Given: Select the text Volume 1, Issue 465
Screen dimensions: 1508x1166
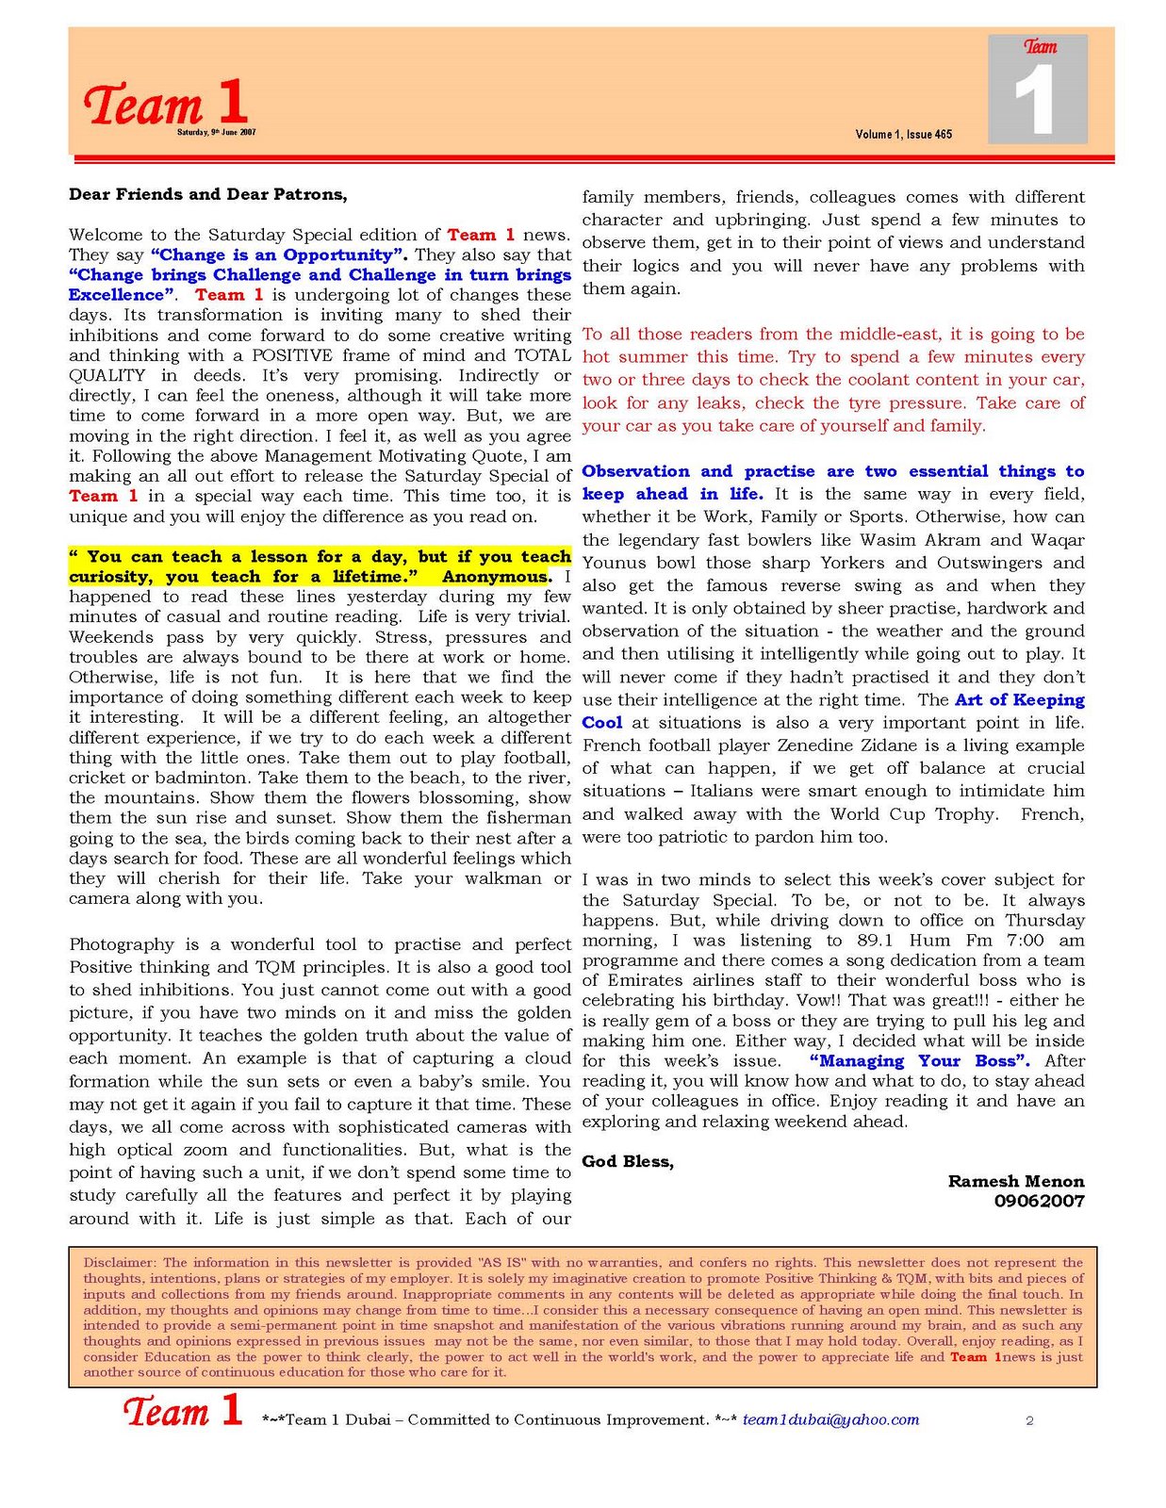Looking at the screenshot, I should pos(903,135).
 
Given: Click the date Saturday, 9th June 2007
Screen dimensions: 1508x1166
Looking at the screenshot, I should pos(217,133).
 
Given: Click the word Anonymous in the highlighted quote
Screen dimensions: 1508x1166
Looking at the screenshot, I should pos(496,577).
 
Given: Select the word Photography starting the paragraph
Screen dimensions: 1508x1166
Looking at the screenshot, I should pos(121,944).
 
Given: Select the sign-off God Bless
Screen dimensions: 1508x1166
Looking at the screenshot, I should pos(627,1162).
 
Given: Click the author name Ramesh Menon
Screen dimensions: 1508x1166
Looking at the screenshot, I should pos(1015,1182).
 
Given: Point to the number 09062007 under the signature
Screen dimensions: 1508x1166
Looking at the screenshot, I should pos(1039,1202).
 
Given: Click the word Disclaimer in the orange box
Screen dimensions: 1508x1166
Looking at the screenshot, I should pos(119,1263).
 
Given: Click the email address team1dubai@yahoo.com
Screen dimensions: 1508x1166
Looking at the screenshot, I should pos(829,1420).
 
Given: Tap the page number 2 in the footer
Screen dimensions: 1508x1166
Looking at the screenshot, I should pos(1029,1421).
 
